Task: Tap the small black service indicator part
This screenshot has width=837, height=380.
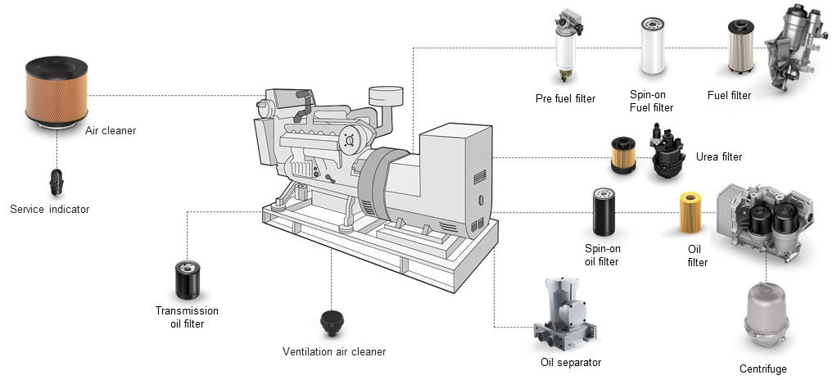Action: (57, 178)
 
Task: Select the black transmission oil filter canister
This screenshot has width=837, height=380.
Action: (188, 280)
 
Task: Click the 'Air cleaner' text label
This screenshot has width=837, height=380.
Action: (111, 130)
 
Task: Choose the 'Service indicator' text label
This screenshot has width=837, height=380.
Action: (49, 210)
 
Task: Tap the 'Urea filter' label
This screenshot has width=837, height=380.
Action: (718, 156)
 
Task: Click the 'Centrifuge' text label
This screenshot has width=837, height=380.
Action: (762, 369)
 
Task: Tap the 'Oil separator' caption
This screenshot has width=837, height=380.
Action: (571, 363)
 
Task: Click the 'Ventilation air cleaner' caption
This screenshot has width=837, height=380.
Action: (333, 352)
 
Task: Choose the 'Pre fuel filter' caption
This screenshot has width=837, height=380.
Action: (565, 98)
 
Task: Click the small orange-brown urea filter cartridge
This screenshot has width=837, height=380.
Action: (625, 155)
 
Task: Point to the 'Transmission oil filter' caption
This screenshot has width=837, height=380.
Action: (188, 317)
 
